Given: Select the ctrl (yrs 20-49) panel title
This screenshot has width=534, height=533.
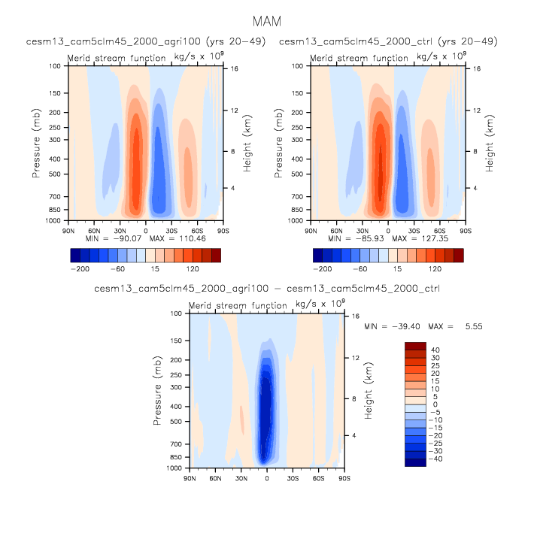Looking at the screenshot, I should (388, 41).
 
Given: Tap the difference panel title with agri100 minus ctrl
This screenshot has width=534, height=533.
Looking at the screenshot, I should (267, 289).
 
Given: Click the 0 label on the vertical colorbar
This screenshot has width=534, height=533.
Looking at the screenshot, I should (434, 404).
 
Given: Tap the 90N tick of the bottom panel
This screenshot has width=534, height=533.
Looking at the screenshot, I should (189, 477).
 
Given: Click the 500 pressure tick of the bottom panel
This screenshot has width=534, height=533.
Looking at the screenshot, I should (177, 422).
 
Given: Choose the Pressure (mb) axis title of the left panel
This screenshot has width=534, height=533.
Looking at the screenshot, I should (35, 143).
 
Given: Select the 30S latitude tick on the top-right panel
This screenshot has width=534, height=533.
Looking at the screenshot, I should (414, 229).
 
